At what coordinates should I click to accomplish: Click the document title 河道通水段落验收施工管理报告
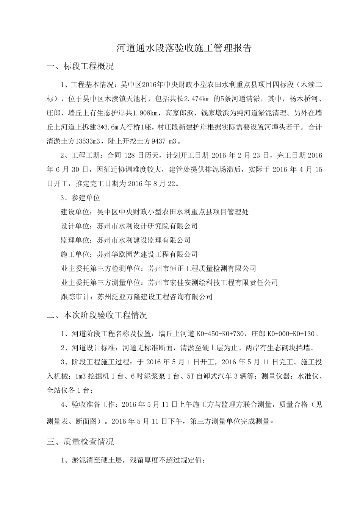click(x=183, y=48)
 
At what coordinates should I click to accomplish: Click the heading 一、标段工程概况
click(x=80, y=67)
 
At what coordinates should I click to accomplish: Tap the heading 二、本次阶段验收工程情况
click(x=97, y=315)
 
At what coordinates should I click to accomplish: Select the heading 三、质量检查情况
click(x=80, y=442)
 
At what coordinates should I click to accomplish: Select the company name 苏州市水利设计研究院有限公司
click(x=147, y=226)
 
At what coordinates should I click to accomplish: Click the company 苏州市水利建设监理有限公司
click(x=144, y=240)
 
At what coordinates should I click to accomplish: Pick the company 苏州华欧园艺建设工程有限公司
click(x=147, y=254)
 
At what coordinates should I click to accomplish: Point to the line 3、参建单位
click(x=80, y=198)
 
